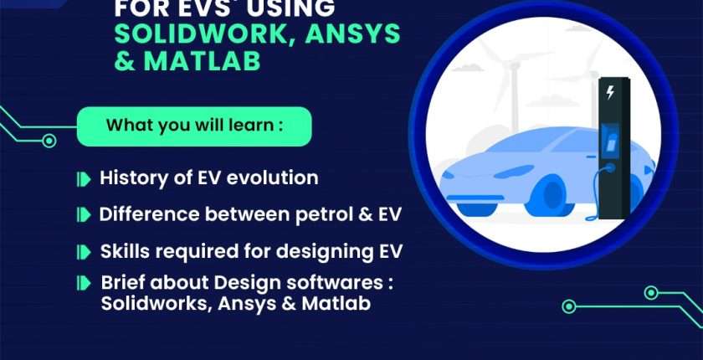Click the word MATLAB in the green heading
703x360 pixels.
point(202,61)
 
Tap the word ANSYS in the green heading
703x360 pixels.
point(352,33)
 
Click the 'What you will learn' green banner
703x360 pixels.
point(194,126)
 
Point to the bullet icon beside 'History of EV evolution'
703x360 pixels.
point(84,179)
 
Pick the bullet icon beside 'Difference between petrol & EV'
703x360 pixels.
point(84,215)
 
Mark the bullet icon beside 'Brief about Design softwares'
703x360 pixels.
point(84,283)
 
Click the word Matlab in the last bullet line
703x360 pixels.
point(336,304)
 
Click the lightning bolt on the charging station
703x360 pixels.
point(610,92)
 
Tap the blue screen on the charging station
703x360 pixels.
point(610,141)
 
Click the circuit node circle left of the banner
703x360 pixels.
point(49,141)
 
